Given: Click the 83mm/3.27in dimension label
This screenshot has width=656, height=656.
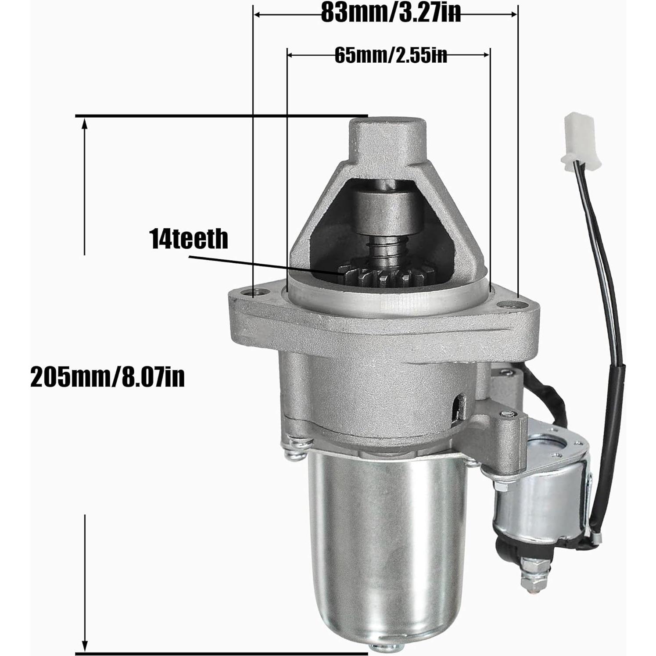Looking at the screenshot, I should [391, 13].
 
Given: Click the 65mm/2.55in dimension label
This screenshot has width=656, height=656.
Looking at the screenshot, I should [391, 55].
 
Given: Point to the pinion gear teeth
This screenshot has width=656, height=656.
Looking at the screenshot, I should [386, 276].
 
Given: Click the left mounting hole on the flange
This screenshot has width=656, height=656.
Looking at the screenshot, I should [255, 292].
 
